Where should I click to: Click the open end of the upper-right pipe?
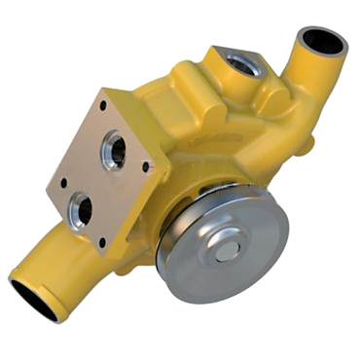pyautogui.click(x=323, y=41)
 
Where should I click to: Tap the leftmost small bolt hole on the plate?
pyautogui.click(x=62, y=182)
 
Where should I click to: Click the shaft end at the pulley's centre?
pyautogui.click(x=227, y=250)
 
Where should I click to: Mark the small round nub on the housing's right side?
pyautogui.click(x=309, y=146)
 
